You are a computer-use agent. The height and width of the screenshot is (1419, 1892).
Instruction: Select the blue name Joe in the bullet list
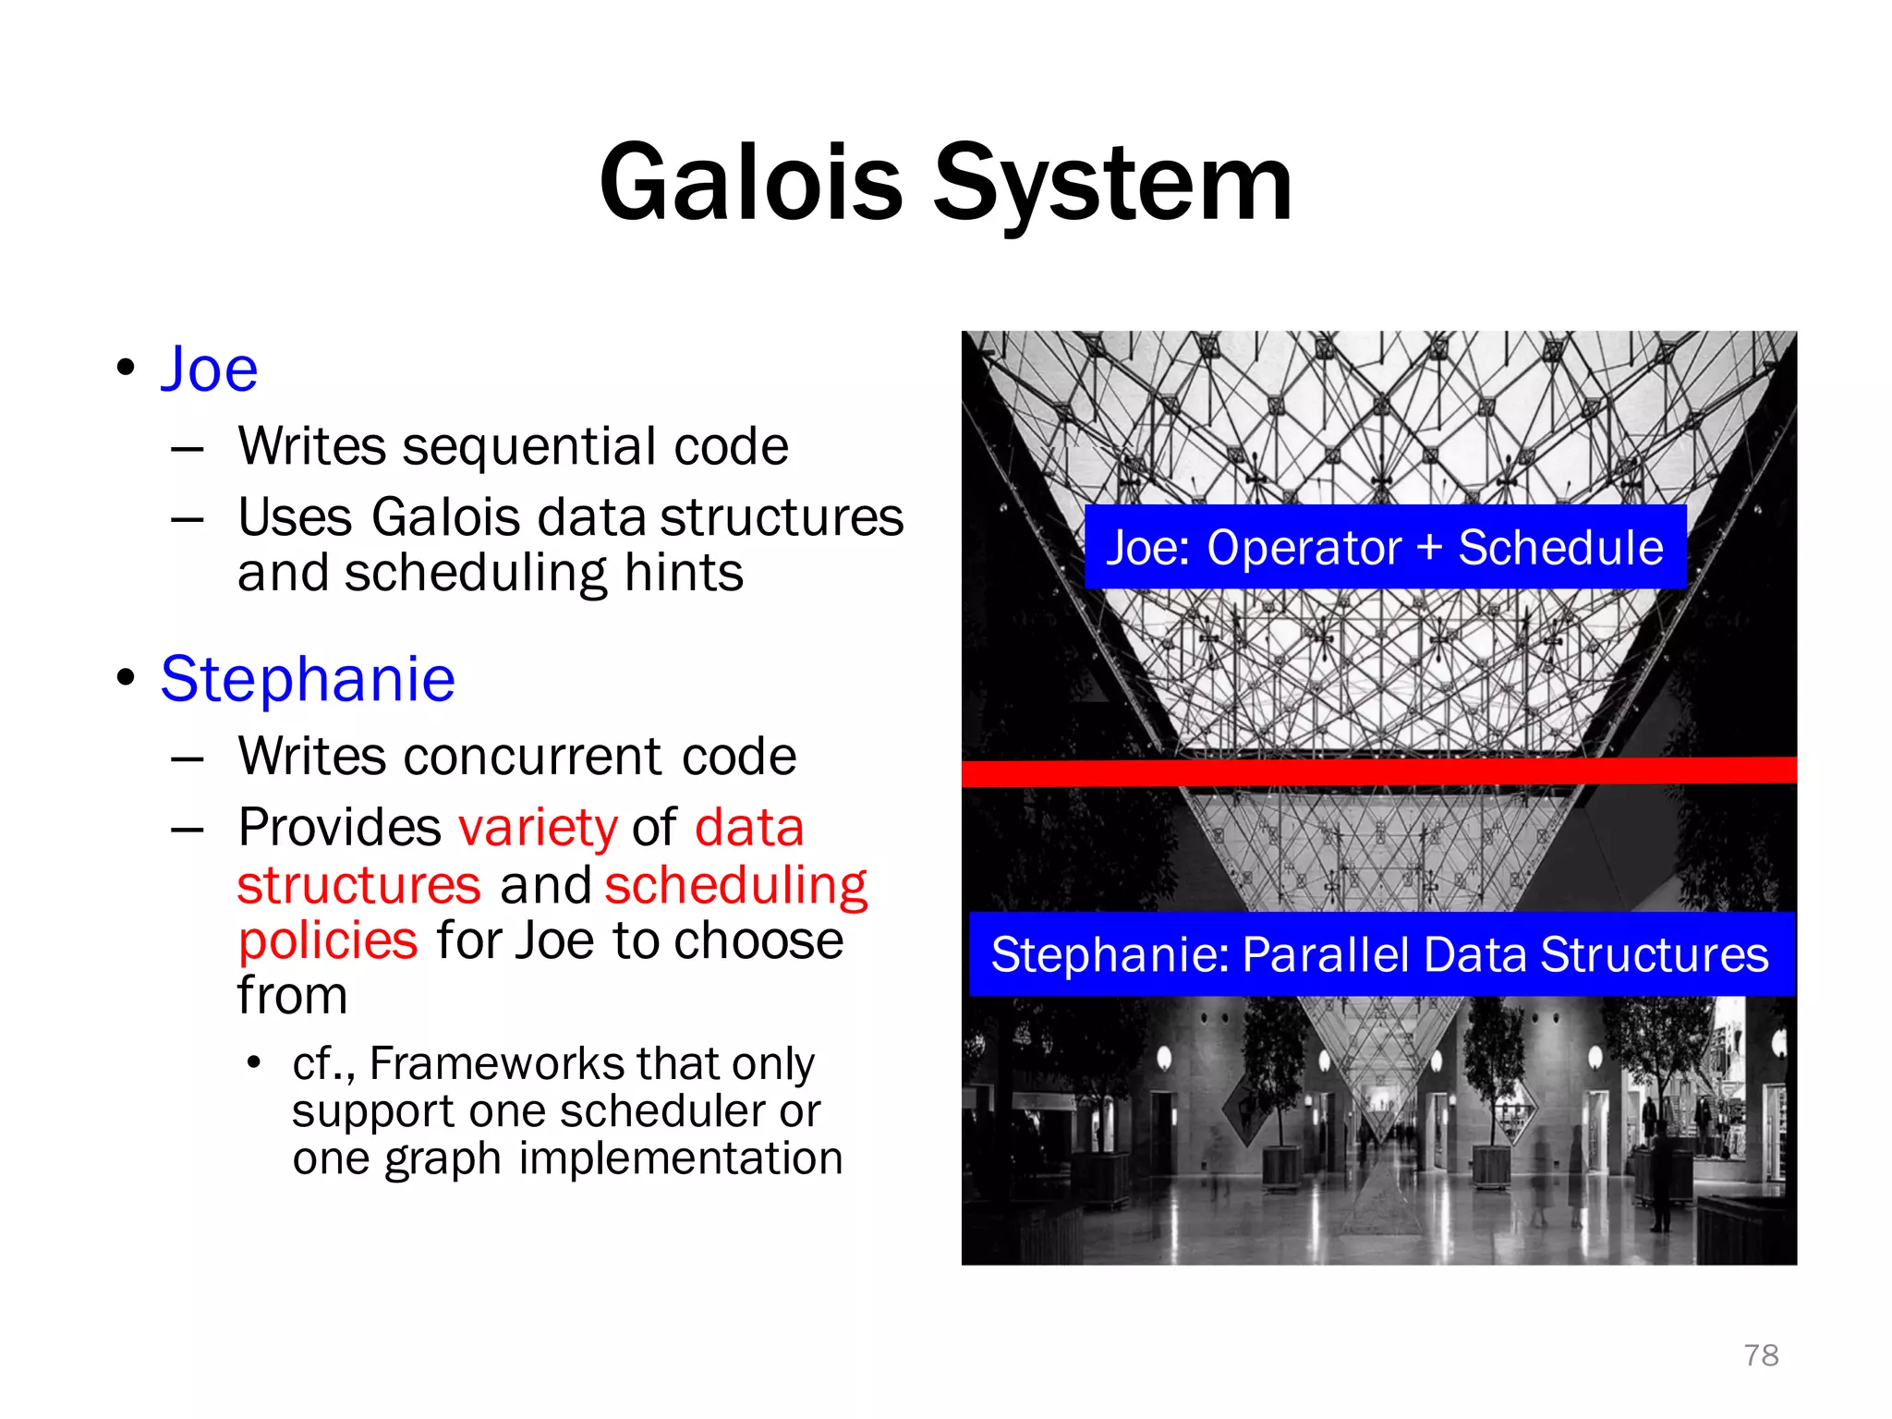tap(209, 370)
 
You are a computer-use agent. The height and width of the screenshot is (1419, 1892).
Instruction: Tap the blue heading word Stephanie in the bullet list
tap(308, 680)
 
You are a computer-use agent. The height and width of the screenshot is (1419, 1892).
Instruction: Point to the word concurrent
tap(533, 757)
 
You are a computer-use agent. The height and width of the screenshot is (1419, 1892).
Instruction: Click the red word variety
tap(538, 827)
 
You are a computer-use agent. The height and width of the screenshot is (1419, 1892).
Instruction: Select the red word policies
tap(328, 941)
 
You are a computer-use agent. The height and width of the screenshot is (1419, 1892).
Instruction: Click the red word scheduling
tap(736, 885)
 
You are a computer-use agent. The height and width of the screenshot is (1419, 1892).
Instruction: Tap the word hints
tap(684, 573)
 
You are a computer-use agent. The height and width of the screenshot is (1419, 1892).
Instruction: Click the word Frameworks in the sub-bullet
tap(495, 1063)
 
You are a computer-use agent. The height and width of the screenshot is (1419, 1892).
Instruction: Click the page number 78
tap(1761, 1355)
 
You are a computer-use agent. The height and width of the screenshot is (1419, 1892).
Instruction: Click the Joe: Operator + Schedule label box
tap(1384, 547)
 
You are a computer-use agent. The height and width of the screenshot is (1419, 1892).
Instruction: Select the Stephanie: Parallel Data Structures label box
tap(1380, 954)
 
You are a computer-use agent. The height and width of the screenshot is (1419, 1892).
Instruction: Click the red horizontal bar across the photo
tap(1378, 771)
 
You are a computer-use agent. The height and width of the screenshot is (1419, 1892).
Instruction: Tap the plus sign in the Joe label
tap(1429, 547)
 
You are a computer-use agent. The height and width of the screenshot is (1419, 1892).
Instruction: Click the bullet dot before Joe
tap(127, 369)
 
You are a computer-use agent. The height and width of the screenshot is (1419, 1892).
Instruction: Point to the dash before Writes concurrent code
tap(188, 758)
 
